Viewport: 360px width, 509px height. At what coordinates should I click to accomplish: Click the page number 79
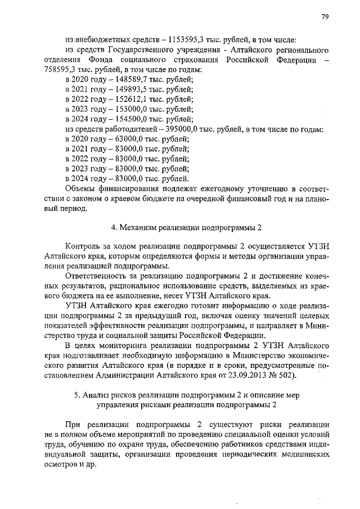[x=325, y=17]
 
